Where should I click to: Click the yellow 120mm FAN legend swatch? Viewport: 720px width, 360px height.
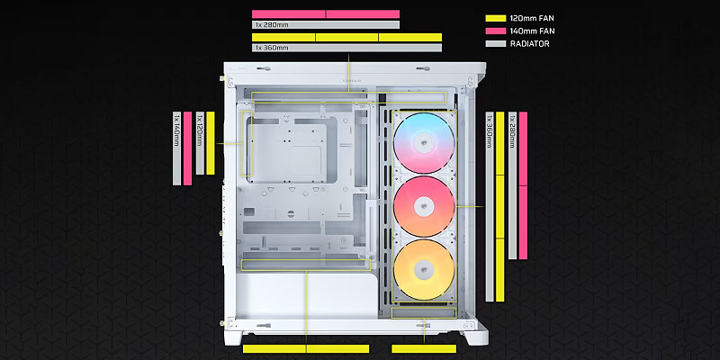pyautogui.click(x=496, y=18)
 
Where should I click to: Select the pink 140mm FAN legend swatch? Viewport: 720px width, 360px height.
pyautogui.click(x=496, y=31)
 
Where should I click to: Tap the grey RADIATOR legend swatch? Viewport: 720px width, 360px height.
pyautogui.click(x=496, y=44)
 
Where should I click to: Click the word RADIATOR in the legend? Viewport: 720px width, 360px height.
pyautogui.click(x=529, y=44)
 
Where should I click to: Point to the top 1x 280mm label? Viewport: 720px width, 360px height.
pyautogui.click(x=271, y=25)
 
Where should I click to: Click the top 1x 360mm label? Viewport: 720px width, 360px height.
pyautogui.click(x=272, y=48)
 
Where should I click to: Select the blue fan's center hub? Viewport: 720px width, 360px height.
pyautogui.click(x=423, y=144)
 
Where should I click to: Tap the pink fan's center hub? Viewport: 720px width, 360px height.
pyautogui.click(x=423, y=207)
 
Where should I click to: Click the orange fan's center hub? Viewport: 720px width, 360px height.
pyautogui.click(x=423, y=270)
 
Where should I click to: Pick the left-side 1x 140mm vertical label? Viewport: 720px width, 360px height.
pyautogui.click(x=176, y=130)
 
